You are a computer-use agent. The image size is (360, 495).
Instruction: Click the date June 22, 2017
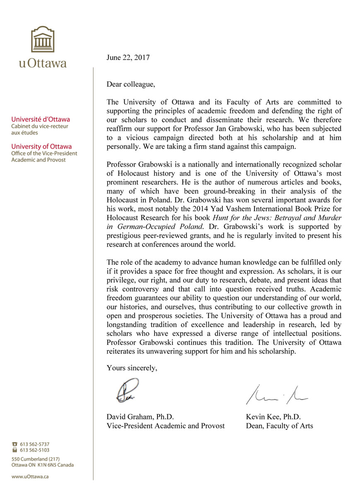(x=128, y=58)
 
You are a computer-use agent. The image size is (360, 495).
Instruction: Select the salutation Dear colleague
(x=131, y=84)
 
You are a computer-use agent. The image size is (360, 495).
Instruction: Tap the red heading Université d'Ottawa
(x=41, y=120)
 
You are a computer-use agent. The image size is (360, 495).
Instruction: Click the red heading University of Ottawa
(x=41, y=146)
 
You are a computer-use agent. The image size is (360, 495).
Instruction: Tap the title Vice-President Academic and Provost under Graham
(x=166, y=425)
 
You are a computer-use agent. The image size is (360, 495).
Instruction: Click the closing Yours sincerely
(x=132, y=368)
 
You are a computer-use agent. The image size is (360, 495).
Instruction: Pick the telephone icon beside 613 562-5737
(x=15, y=444)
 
